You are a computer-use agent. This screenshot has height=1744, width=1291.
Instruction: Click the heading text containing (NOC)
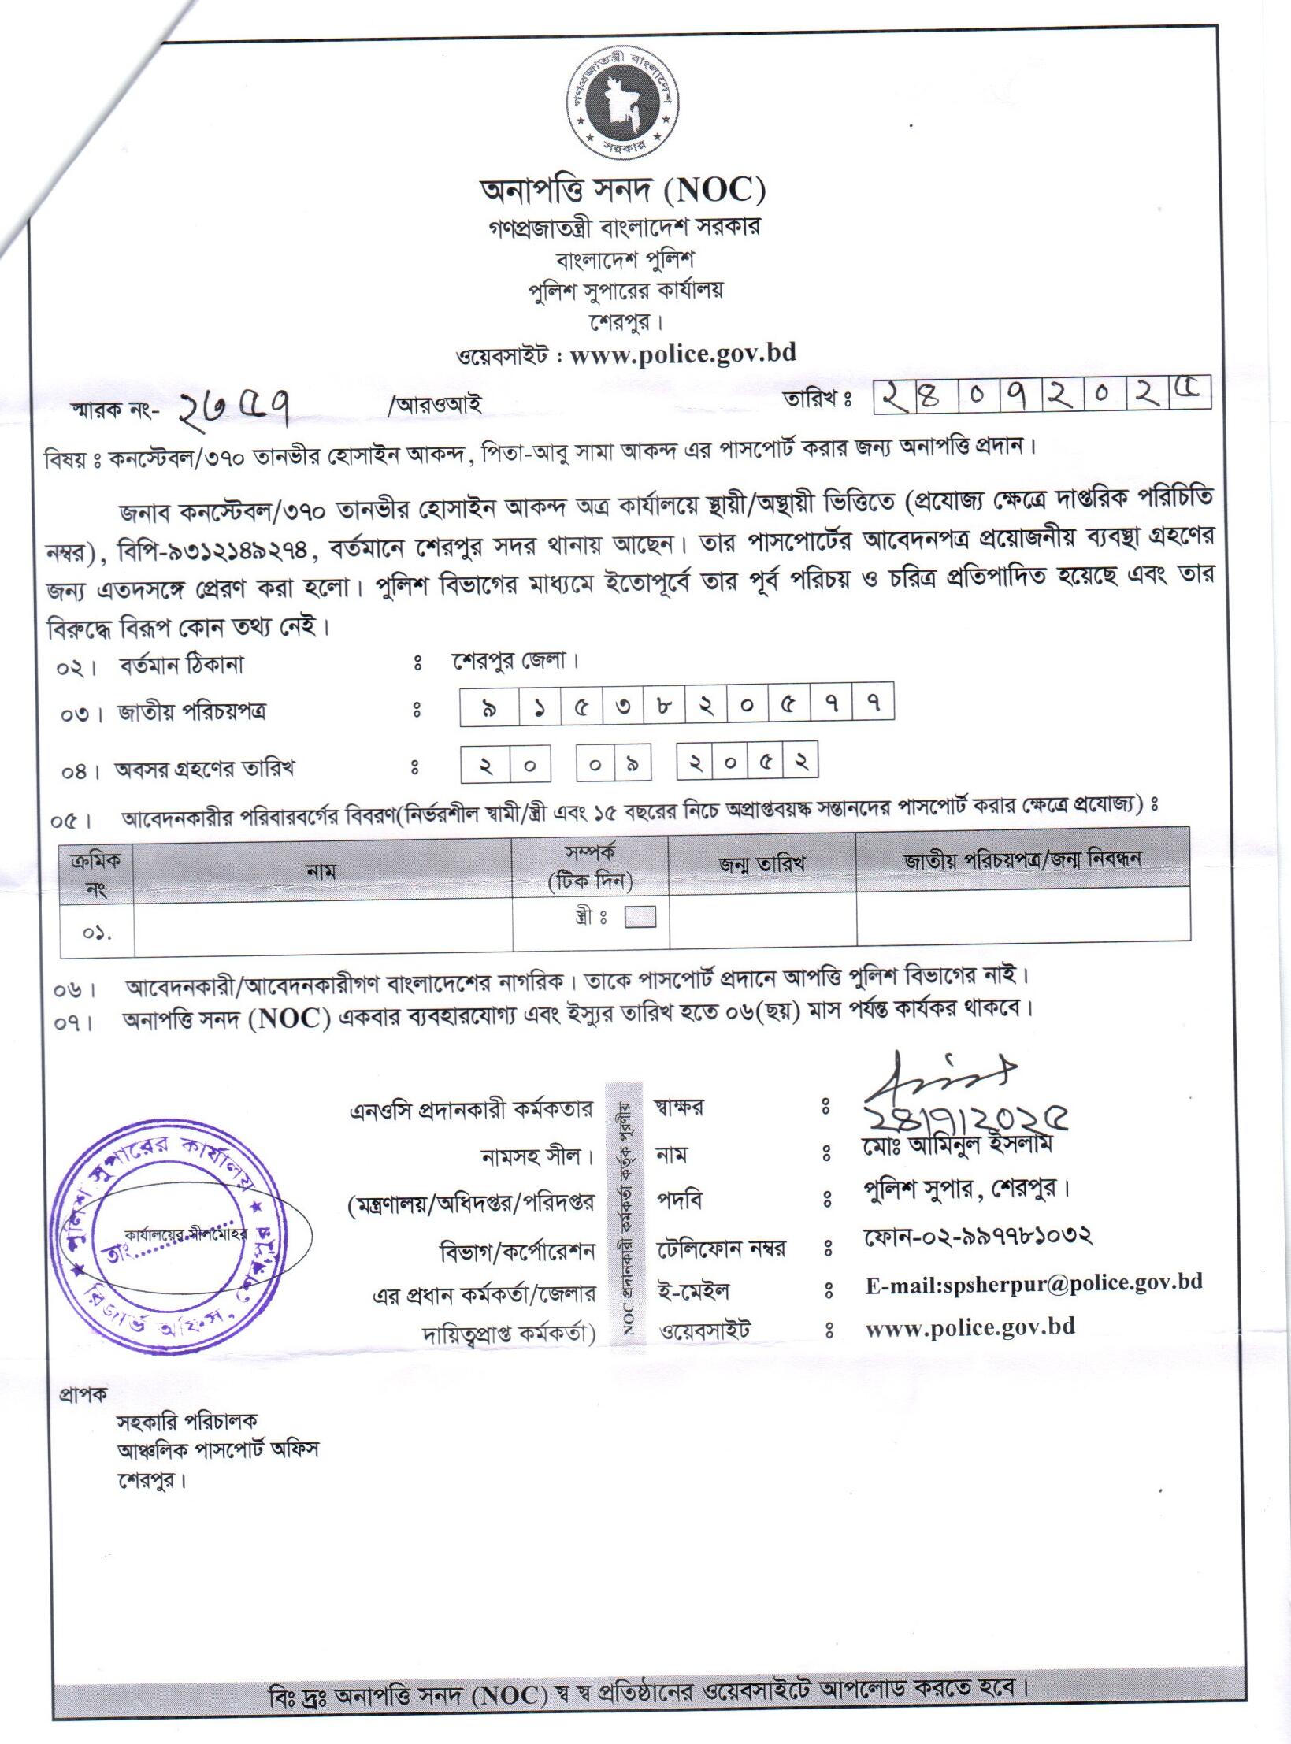click(622, 191)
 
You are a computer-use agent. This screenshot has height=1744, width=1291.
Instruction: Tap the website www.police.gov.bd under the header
click(682, 354)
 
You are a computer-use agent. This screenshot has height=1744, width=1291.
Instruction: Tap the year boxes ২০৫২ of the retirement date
click(748, 761)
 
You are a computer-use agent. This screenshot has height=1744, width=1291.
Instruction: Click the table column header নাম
click(321, 871)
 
